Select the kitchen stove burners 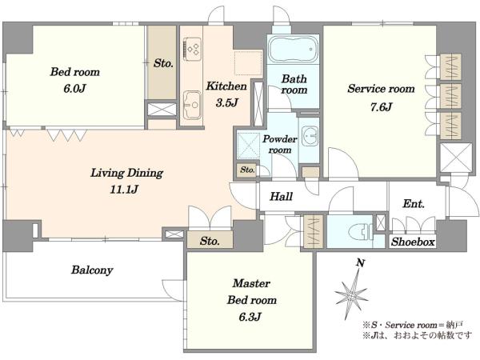click(193, 49)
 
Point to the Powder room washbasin click(310, 136)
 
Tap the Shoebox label click(413, 242)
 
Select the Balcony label click(92, 270)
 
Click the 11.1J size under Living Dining click(124, 190)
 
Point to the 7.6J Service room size click(381, 107)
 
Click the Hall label click(281, 196)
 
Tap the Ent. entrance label click(414, 203)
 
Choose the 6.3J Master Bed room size click(250, 317)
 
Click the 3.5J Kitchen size click(226, 103)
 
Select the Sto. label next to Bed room click(163, 63)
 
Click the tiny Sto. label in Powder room click(247, 170)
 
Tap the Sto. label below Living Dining click(210, 241)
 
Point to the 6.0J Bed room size click(74, 89)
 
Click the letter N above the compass click(361, 263)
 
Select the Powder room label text click(279, 144)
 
